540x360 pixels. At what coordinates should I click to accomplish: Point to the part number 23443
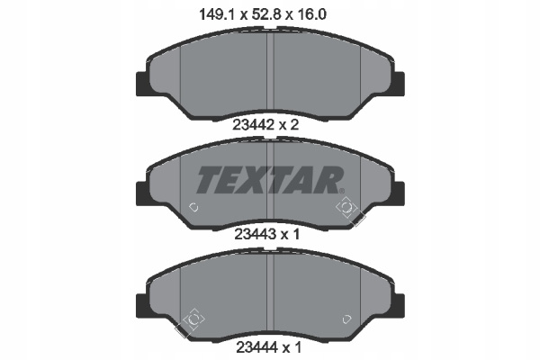(x=256, y=234)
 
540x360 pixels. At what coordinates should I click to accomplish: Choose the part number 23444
(x=256, y=347)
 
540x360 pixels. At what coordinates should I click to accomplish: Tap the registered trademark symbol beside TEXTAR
(x=342, y=191)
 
